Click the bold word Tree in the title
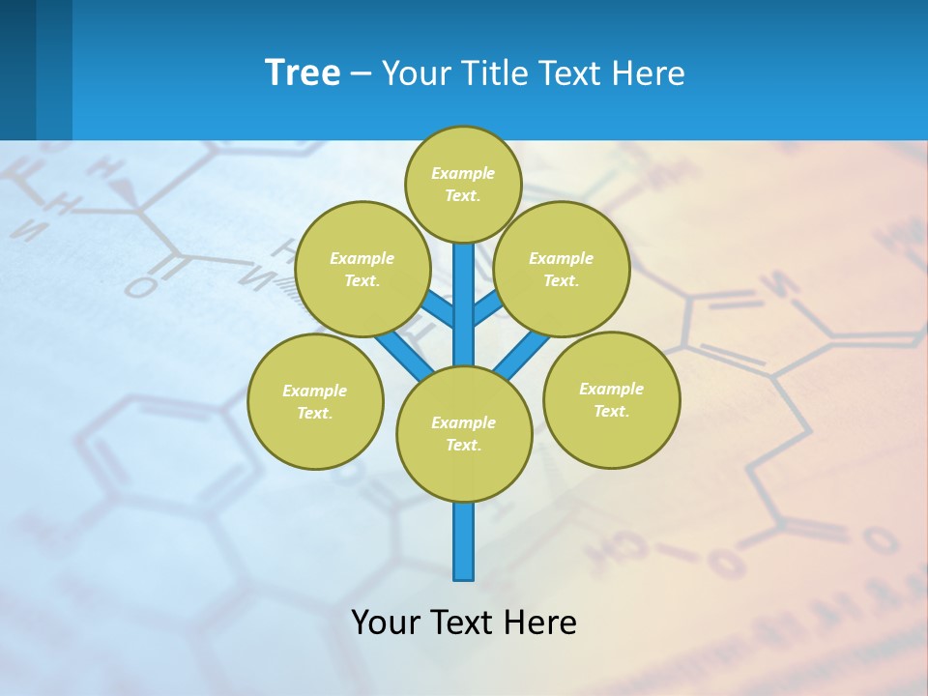(x=303, y=72)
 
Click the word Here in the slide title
(x=648, y=72)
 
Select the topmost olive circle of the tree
(x=463, y=184)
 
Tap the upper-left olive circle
(x=362, y=269)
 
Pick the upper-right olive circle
(x=561, y=269)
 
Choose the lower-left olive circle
(x=315, y=401)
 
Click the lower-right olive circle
(x=611, y=399)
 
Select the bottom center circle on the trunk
(x=464, y=434)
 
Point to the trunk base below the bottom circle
(x=464, y=546)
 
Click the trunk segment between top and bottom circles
(x=464, y=304)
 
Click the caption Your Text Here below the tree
(x=464, y=622)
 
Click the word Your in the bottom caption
(x=385, y=622)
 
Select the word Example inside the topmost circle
(x=463, y=173)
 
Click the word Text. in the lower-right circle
(x=611, y=411)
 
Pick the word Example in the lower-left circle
(x=314, y=391)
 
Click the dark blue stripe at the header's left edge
(x=17, y=70)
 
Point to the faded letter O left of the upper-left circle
(x=141, y=287)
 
